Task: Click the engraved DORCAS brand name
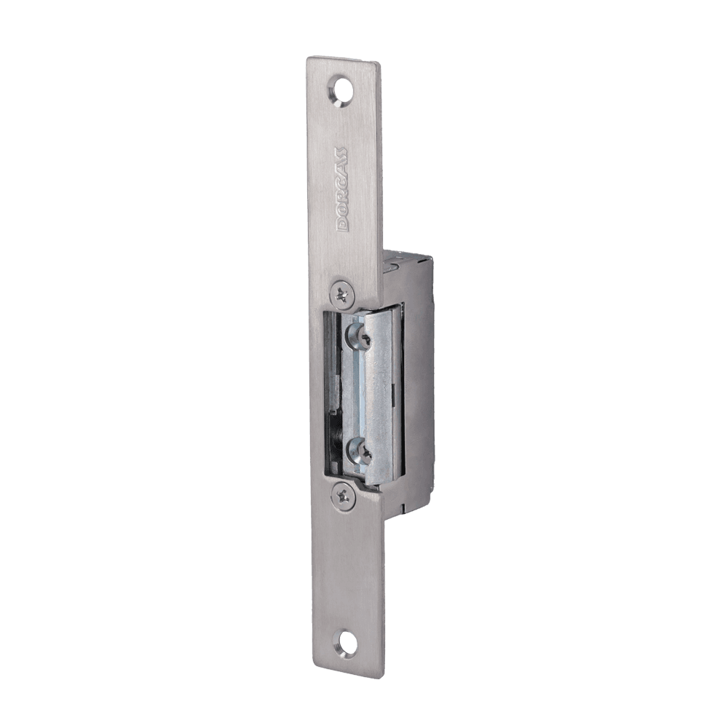341,189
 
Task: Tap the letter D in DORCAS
341,223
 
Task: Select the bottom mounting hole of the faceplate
347,643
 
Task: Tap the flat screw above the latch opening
343,293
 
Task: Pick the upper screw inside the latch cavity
359,335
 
